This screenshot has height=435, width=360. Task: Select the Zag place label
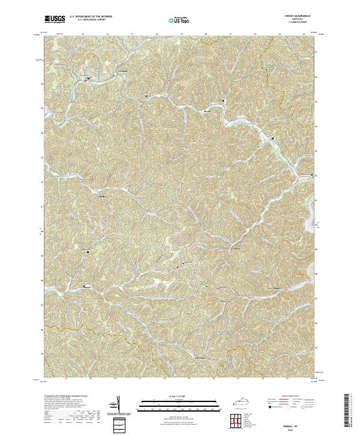(101, 196)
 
